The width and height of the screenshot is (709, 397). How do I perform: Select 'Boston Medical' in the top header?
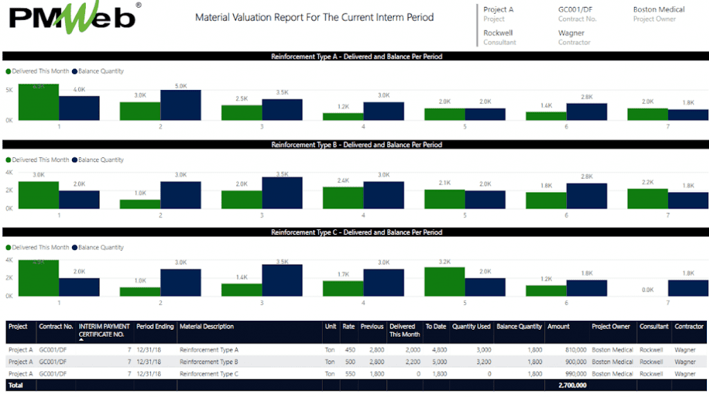click(x=658, y=10)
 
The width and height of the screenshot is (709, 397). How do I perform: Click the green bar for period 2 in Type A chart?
click(x=140, y=111)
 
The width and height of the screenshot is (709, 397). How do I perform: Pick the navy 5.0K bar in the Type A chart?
click(x=180, y=105)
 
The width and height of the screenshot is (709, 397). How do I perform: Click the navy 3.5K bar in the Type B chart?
click(x=282, y=193)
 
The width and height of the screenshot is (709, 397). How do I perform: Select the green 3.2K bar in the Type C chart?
click(x=444, y=281)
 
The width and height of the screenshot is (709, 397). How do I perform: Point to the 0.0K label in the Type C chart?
click(x=647, y=290)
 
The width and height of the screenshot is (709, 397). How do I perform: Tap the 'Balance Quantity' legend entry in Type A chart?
click(x=100, y=71)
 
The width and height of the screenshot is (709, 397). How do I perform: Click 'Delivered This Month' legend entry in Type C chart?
click(x=40, y=247)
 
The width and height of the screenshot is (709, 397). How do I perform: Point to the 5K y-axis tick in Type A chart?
click(x=9, y=90)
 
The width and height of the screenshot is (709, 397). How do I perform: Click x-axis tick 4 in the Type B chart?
click(x=363, y=215)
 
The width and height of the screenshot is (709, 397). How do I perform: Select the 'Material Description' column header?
click(x=206, y=326)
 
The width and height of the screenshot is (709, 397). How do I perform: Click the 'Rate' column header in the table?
click(x=348, y=326)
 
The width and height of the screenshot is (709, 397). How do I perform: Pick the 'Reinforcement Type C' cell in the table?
click(x=208, y=373)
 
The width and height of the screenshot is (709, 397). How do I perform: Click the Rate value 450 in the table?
click(x=350, y=350)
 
